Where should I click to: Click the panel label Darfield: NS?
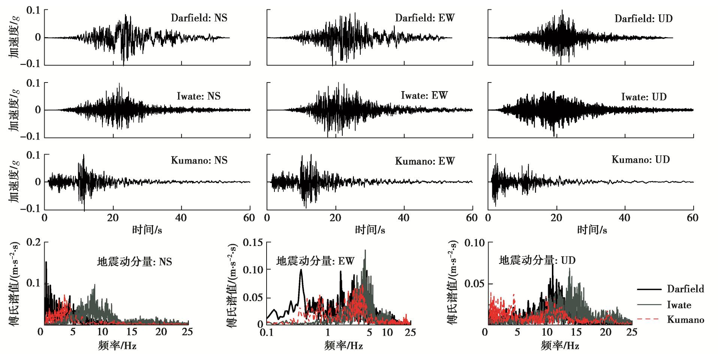pyautogui.click(x=199, y=18)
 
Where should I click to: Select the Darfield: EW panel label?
pyautogui.click(x=425, y=18)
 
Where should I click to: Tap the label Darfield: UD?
pyautogui.click(x=643, y=18)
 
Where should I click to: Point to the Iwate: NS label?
pyautogui.click(x=199, y=96)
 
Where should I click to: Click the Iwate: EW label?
pyautogui.click(x=424, y=95)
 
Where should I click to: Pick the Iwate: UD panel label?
pyautogui.click(x=644, y=97)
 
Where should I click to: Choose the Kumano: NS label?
pyautogui.click(x=199, y=160)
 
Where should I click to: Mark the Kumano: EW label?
pyautogui.click(x=425, y=161)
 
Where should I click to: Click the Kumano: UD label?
pyautogui.click(x=641, y=159)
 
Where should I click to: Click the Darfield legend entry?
pyautogui.click(x=685, y=289)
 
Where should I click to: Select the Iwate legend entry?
pyautogui.click(x=679, y=304)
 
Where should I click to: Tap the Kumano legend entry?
pyautogui.click(x=685, y=319)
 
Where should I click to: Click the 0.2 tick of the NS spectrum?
pyautogui.click(x=33, y=242)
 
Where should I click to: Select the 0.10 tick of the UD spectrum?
pyautogui.click(x=474, y=243)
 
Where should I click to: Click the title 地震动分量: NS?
pyautogui.click(x=135, y=261)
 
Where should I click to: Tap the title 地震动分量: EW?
pyautogui.click(x=315, y=261)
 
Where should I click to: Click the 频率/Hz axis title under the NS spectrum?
pyautogui.click(x=117, y=345)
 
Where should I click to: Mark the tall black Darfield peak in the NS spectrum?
pyautogui.click(x=46, y=262)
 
